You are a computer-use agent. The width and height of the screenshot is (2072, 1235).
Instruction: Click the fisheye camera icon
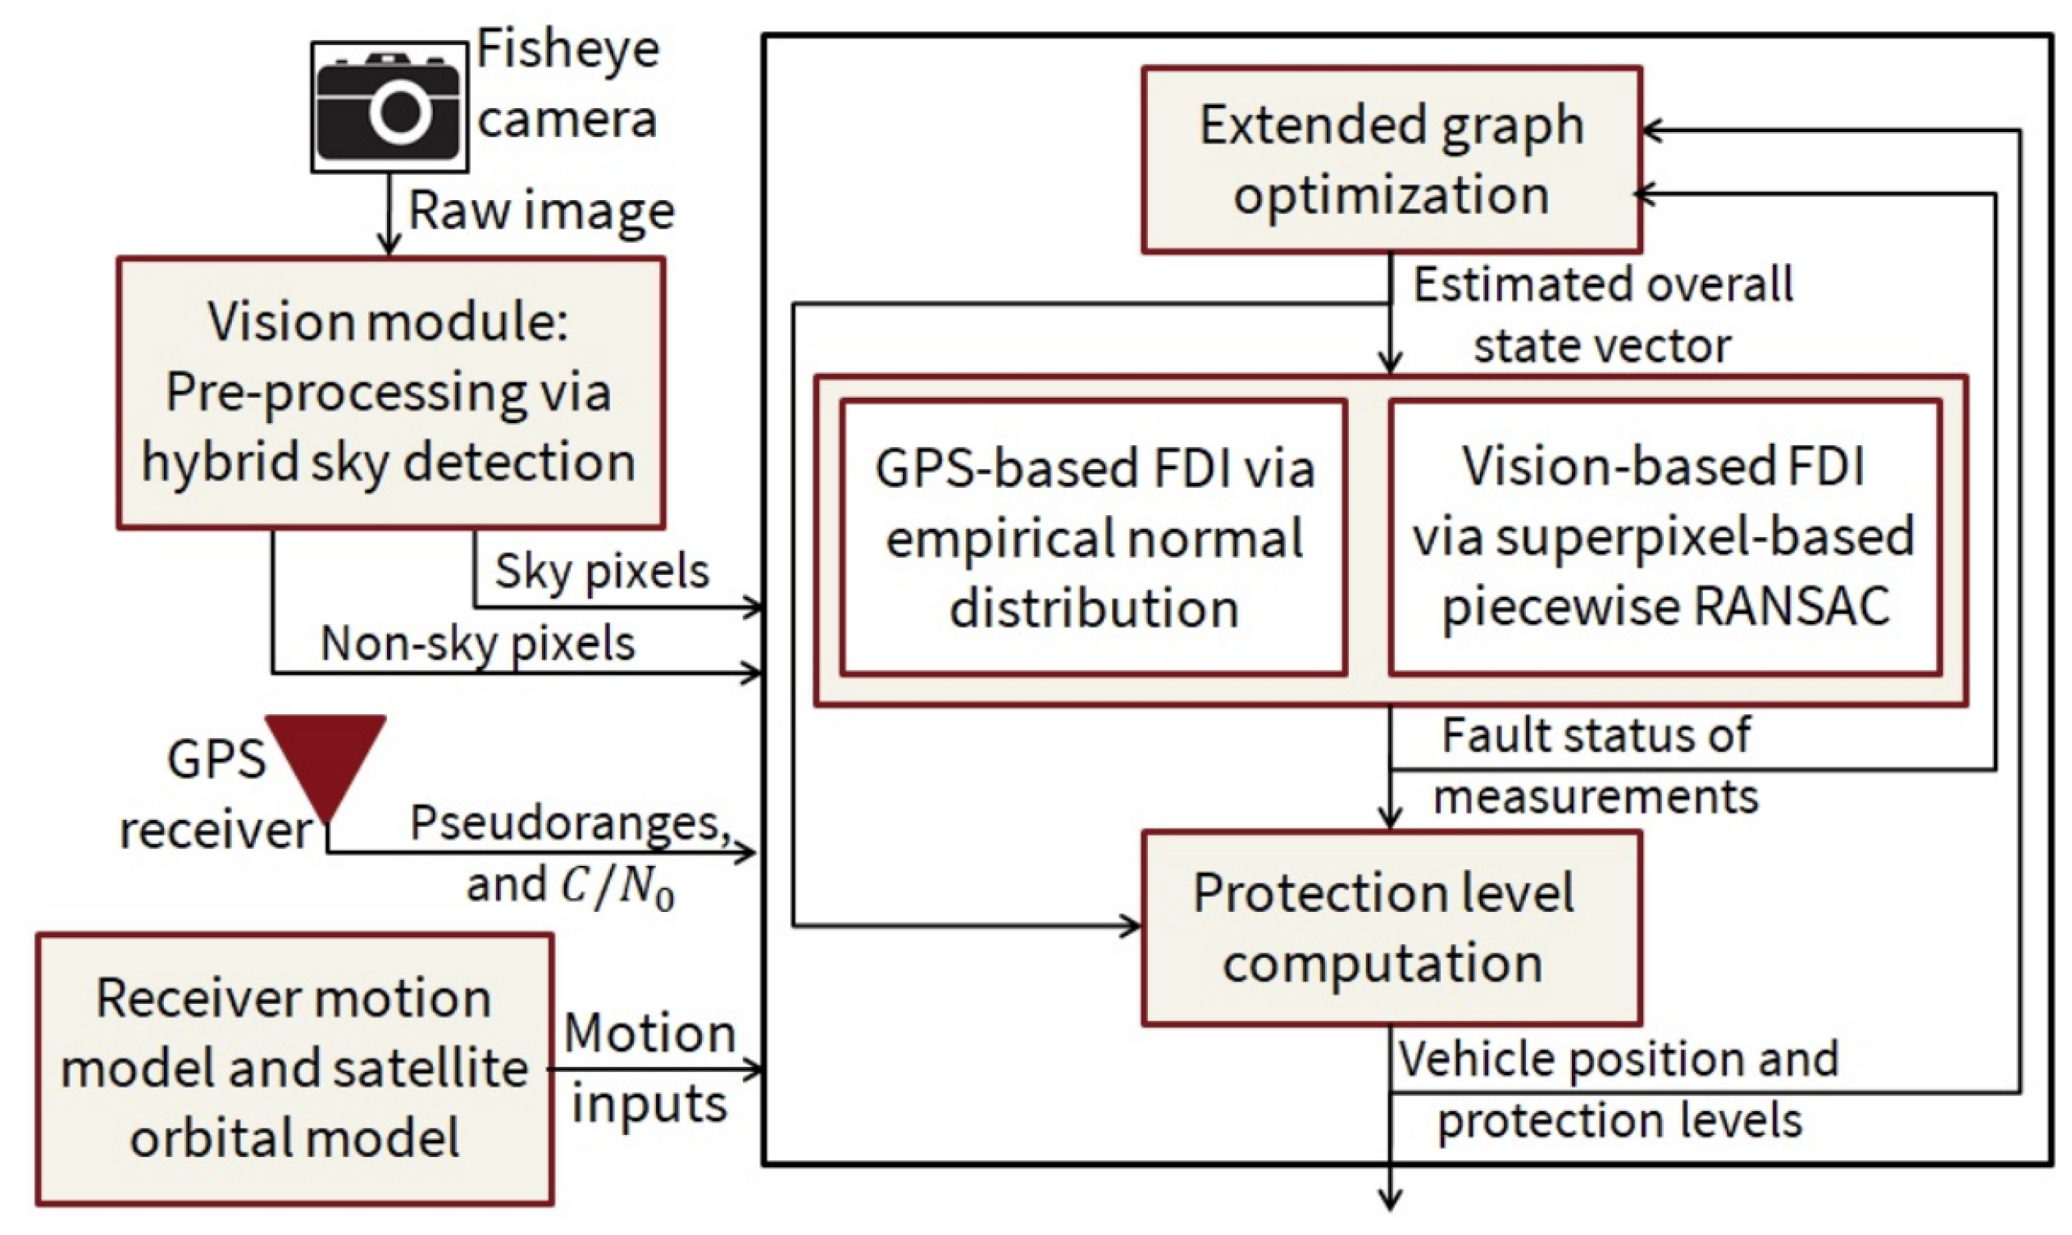[x=389, y=107]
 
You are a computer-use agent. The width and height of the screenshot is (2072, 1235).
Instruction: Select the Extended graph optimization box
[x=1391, y=160]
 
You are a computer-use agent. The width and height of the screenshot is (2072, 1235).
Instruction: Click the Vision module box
[x=390, y=393]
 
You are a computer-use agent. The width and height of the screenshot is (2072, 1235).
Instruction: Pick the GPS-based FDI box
[x=1094, y=538]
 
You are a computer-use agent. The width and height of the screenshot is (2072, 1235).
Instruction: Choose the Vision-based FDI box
[x=1664, y=538]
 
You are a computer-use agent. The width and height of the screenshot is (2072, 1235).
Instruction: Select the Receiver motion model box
[x=294, y=1069]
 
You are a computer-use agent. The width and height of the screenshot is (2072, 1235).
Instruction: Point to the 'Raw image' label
[x=541, y=212]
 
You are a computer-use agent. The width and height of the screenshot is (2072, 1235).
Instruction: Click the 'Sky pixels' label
[x=602, y=572]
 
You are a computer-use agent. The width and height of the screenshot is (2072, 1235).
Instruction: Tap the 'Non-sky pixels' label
[x=478, y=643]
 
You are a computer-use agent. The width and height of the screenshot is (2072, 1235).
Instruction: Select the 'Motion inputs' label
[x=649, y=1069]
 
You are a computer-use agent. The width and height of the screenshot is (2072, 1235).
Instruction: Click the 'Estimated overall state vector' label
[x=1603, y=315]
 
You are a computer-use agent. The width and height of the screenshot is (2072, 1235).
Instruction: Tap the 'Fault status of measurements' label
[x=1596, y=766]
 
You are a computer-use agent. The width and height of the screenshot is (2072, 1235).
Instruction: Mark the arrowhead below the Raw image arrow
[x=389, y=244]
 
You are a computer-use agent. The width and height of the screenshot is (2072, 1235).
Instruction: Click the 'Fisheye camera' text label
[x=568, y=83]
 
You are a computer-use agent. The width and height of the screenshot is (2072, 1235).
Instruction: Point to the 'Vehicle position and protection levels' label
[x=1619, y=1089]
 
